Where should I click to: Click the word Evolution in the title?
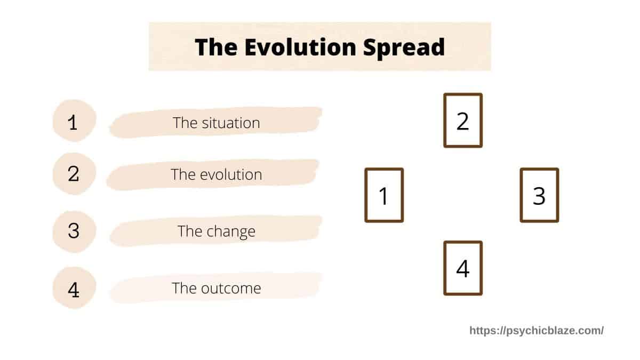click(x=300, y=47)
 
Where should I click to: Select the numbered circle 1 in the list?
click(x=74, y=121)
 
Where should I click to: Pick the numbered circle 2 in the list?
click(x=74, y=174)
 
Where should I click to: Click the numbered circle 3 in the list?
click(x=74, y=231)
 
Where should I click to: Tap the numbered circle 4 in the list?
click(x=74, y=288)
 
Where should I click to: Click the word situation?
click(x=231, y=123)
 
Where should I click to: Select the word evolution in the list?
click(x=231, y=174)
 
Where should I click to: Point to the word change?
click(x=231, y=232)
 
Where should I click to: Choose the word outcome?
click(x=231, y=289)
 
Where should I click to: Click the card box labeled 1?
click(x=384, y=195)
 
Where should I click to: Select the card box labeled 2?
click(x=463, y=121)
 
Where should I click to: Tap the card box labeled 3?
click(x=539, y=195)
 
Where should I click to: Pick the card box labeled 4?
click(x=463, y=268)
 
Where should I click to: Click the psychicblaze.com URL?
click(x=537, y=331)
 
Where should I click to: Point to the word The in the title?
click(x=216, y=47)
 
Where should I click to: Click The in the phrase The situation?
click(x=185, y=123)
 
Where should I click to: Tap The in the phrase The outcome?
click(x=185, y=288)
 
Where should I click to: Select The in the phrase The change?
click(x=190, y=231)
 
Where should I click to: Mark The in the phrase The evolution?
click(x=183, y=174)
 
